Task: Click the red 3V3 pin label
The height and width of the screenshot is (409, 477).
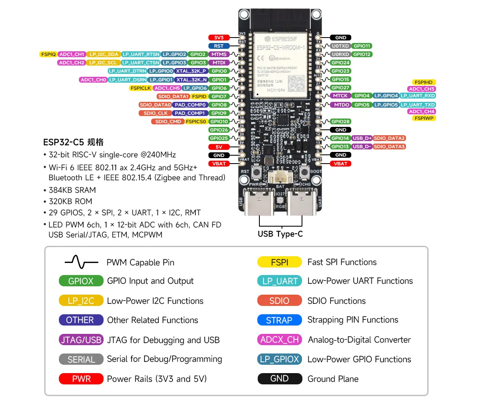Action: [219, 38]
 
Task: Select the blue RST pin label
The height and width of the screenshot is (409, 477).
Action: [219, 46]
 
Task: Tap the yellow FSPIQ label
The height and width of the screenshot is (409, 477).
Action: [48, 54]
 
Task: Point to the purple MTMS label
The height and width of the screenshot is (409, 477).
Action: [219, 54]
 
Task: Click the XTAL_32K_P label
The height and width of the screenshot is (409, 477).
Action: [191, 71]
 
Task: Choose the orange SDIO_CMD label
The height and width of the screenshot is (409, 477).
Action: [167, 121]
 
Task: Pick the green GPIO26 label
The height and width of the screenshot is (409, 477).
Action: [219, 130]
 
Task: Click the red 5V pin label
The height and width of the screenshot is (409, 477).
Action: [219, 146]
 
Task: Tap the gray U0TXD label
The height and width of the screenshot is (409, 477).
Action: [340, 46]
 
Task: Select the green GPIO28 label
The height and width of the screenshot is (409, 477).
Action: [340, 121]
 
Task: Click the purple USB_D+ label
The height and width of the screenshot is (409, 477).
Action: [362, 138]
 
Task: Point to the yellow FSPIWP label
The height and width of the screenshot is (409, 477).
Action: [424, 118]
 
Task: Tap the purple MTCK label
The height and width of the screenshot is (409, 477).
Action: [340, 96]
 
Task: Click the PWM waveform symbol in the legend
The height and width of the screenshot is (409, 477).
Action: [81, 262]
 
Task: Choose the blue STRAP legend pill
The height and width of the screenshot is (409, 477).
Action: [279, 320]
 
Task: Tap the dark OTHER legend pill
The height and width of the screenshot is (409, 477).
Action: [81, 320]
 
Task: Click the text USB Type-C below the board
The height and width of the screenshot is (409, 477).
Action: [280, 234]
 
